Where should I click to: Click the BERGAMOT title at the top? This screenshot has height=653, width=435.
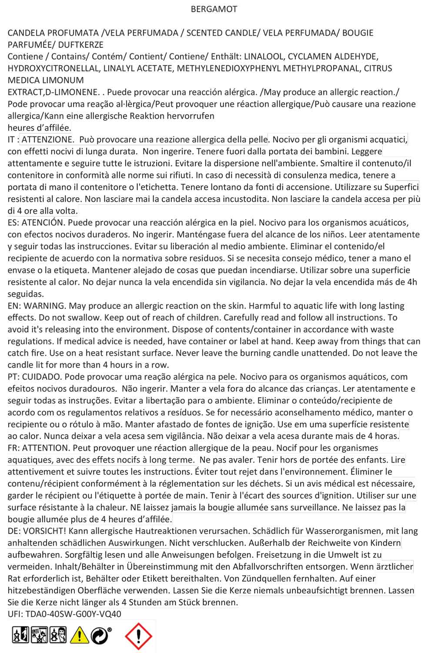coord(214,9)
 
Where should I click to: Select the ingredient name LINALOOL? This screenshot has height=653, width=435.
coord(263,57)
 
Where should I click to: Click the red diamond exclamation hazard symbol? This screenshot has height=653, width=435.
coord(138,636)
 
